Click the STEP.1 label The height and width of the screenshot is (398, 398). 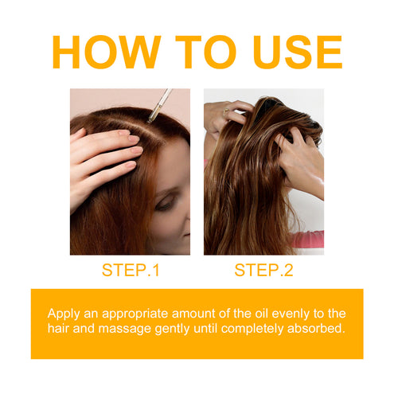[x=131, y=271]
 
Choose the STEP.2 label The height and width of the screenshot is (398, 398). [x=263, y=271]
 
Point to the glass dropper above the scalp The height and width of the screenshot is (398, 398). [x=159, y=104]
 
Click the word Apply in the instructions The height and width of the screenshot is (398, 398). [x=64, y=313]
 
